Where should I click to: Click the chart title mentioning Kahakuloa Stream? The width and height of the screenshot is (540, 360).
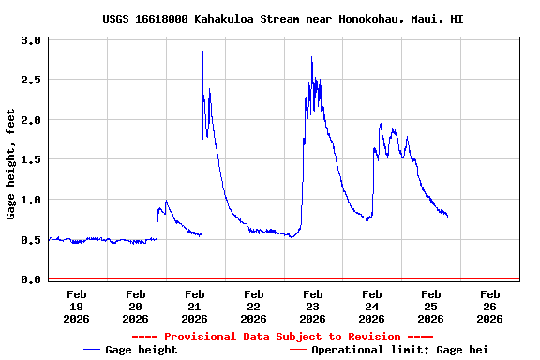coord(283,19)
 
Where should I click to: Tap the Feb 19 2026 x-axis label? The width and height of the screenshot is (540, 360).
coord(77,306)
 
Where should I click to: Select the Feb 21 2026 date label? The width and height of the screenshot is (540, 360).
coord(195,306)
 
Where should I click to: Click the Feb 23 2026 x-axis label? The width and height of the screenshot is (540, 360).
coord(313,306)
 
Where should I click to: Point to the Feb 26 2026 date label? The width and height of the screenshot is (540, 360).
coord(489,306)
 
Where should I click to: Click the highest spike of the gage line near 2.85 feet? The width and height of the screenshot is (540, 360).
coord(202,52)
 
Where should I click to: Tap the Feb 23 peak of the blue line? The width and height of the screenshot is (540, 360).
coord(312,57)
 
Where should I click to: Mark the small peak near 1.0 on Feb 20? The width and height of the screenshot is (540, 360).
coord(166,201)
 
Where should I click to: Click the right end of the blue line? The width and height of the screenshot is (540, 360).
coord(447,217)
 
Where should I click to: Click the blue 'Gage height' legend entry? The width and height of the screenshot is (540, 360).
coord(130,350)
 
